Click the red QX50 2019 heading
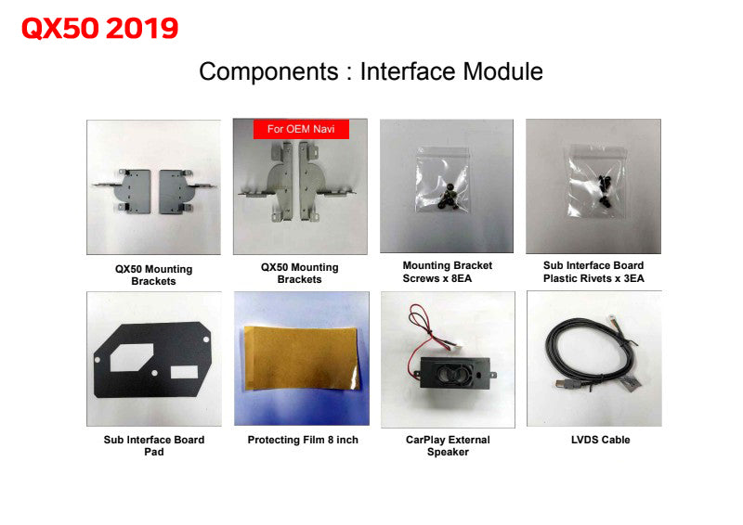100,28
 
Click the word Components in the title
268,71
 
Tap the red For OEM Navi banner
301,129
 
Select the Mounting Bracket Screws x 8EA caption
448,272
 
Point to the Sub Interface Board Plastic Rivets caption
593,272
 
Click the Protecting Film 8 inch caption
303,440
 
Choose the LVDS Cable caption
600,440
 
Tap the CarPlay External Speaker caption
448,445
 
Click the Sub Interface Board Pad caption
154,445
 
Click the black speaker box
455,373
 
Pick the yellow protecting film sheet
301,358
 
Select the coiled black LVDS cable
588,351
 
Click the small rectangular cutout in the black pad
184,372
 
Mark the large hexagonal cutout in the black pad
132,357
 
